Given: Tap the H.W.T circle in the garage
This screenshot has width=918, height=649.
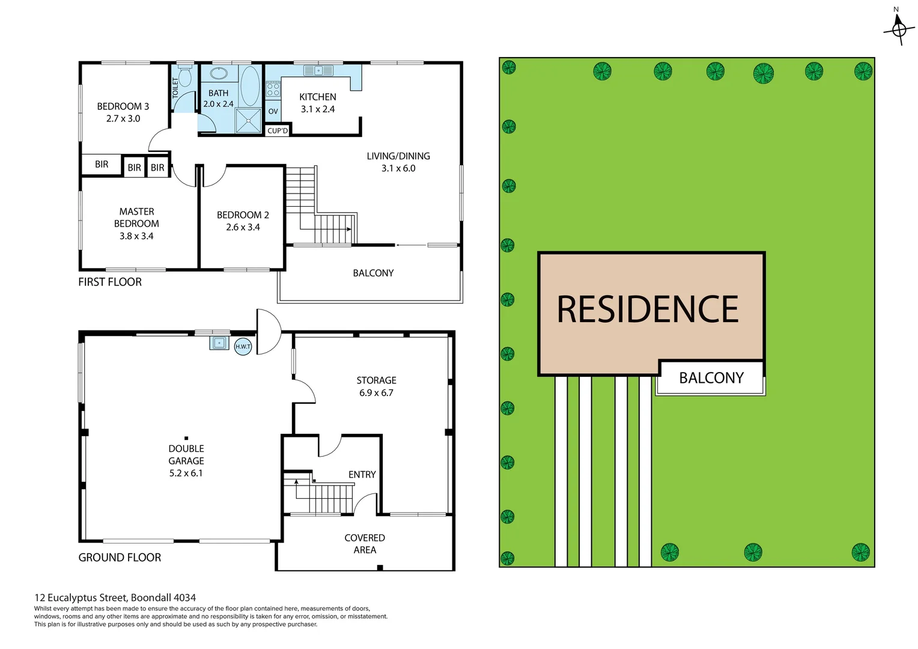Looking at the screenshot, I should click(x=243, y=347).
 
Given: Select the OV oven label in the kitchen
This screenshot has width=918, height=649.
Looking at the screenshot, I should click(x=273, y=111).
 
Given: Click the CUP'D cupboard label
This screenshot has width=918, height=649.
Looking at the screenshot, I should click(x=278, y=130).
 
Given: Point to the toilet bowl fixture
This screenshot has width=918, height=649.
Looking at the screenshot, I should click(x=184, y=77).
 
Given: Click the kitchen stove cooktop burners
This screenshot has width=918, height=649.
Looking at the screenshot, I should click(x=273, y=90).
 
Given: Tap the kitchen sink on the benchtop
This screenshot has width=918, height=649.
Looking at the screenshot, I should click(x=318, y=71).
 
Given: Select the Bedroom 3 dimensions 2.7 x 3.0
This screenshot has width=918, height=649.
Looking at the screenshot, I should click(x=123, y=119).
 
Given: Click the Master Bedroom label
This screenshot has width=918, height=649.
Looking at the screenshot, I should click(x=136, y=218).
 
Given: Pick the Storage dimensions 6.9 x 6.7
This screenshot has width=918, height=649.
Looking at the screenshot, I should click(x=376, y=393).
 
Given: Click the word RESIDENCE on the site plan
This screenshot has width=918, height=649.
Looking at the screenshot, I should click(x=648, y=309).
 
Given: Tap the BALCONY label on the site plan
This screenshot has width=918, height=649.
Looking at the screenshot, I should click(x=711, y=378).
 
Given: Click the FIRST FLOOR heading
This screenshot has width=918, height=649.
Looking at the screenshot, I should click(x=110, y=282).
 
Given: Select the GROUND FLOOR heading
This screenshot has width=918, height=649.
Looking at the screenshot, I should click(x=120, y=558).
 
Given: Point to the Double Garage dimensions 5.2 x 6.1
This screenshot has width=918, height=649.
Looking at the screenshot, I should click(x=186, y=474).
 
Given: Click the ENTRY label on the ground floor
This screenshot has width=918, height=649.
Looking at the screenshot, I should click(x=362, y=475).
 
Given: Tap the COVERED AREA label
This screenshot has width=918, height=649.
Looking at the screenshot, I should click(x=365, y=544).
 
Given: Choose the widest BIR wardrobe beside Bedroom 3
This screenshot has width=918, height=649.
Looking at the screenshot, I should click(x=102, y=165).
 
